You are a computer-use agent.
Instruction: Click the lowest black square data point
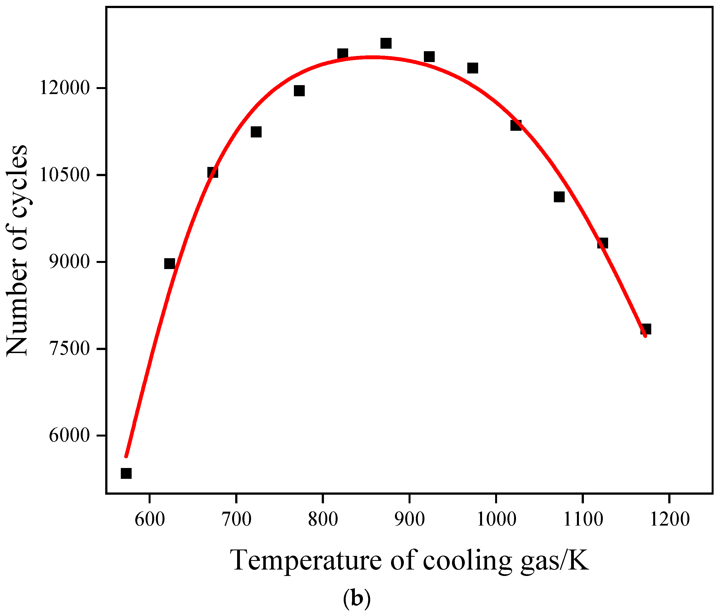click(126, 473)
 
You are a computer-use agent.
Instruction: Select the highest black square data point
click(386, 43)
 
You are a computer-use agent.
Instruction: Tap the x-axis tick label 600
click(149, 519)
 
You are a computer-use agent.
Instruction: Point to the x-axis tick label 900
click(410, 519)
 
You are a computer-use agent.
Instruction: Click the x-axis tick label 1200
click(670, 519)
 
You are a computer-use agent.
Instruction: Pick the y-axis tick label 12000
click(65, 88)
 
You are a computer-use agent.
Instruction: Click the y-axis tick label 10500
click(65, 175)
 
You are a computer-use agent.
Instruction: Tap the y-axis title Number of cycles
click(17, 250)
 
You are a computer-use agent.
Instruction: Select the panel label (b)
click(357, 598)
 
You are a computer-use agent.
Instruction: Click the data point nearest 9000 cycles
click(169, 264)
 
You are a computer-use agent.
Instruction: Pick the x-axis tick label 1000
click(496, 519)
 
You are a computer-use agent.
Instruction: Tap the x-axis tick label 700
click(236, 519)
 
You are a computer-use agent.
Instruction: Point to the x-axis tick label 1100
click(583, 519)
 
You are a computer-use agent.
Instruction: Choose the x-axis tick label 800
click(323, 519)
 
